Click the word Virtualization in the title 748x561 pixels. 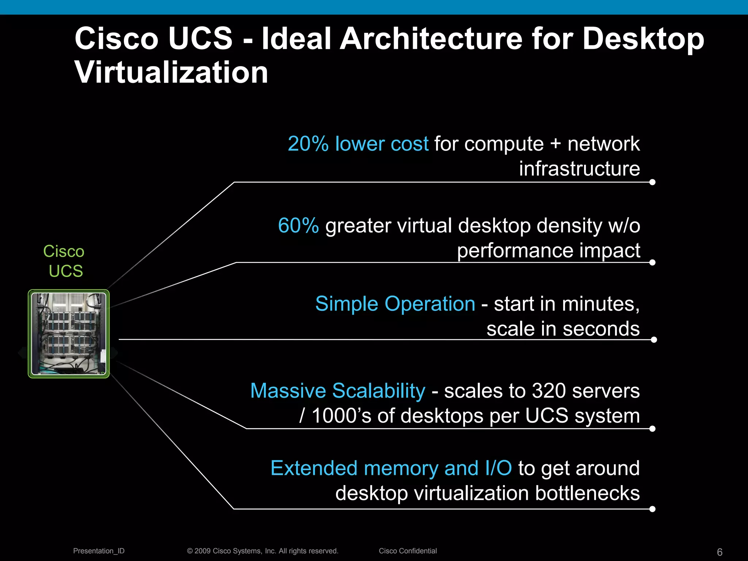tap(171, 72)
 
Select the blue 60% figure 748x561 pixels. tap(298, 225)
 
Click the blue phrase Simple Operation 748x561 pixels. tap(395, 304)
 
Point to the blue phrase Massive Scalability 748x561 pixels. tap(338, 391)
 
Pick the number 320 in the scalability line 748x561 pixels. tap(549, 391)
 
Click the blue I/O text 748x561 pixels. tap(499, 468)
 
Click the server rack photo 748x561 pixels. tap(69, 334)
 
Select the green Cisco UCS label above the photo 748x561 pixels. tap(64, 261)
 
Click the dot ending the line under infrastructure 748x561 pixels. tap(653, 182)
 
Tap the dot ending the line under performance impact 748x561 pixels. tap(653, 262)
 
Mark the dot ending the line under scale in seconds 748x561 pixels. tap(654, 340)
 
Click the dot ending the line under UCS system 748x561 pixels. tap(653, 429)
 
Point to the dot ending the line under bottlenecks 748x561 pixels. tap(653, 509)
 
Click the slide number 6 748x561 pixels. tap(720, 552)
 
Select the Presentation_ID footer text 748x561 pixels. tap(99, 551)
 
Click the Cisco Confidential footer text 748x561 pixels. tap(408, 551)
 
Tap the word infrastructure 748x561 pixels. tap(579, 169)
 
